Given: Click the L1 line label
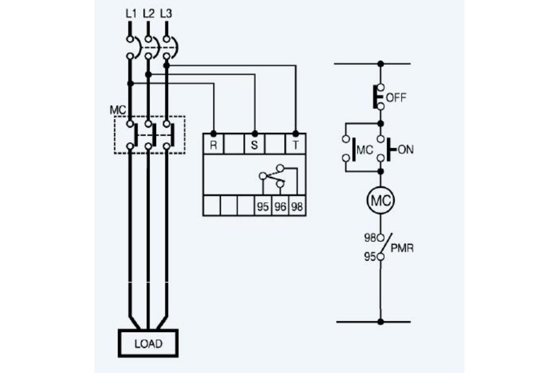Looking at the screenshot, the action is click(131, 14).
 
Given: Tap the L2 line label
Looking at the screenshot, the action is click(149, 14).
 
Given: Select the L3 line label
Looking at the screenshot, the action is click(166, 14).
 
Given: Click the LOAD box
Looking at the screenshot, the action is click(148, 343).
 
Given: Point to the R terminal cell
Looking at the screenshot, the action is click(214, 145).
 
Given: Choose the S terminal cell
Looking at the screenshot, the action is click(254, 145).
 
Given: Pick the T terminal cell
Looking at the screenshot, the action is click(295, 145).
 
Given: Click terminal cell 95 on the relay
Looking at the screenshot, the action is click(263, 206).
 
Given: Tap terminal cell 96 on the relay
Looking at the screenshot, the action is click(280, 206).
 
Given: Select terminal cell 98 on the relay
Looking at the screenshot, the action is click(297, 206).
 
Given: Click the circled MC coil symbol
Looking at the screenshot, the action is click(381, 200).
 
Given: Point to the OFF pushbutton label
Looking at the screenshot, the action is click(396, 98).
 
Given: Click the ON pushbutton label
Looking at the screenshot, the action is click(406, 150).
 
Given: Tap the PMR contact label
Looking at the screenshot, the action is click(402, 248).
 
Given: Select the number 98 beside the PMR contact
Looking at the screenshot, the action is click(370, 238).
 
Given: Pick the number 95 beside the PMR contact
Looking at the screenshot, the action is click(370, 256).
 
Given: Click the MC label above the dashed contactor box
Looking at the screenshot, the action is click(118, 110).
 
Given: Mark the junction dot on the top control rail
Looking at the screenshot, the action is click(381, 64).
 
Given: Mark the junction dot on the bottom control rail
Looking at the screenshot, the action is click(381, 322).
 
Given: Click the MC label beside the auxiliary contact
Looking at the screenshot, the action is click(365, 150).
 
